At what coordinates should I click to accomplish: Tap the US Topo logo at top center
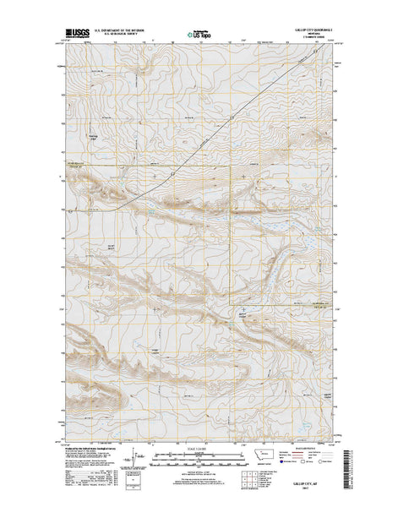coord(199,36)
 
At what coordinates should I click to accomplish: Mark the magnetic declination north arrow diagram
coord(128,462)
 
